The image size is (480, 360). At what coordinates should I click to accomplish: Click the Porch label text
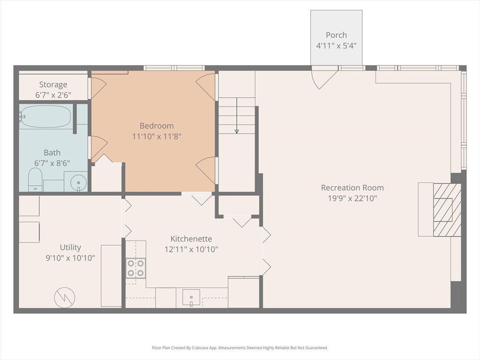coord(336,35)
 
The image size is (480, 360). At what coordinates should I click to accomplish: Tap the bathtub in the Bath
coord(46,117)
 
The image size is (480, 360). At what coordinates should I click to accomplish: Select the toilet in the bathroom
coord(35,180)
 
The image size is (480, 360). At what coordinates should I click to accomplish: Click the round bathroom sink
coord(79,183)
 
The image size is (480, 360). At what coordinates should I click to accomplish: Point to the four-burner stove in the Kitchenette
coord(136,268)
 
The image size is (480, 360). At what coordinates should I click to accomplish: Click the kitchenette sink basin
coord(191,298)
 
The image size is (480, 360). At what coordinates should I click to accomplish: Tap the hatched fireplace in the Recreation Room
coord(447,210)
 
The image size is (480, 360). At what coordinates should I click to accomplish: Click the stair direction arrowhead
coord(237,132)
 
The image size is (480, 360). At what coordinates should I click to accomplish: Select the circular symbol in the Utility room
coord(65,298)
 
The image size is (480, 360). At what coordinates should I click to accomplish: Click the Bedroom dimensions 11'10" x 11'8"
coord(157,136)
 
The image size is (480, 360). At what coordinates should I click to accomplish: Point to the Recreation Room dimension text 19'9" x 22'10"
coord(352,198)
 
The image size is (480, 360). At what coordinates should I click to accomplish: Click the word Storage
coord(53,84)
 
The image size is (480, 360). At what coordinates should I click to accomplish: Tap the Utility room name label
coord(70,247)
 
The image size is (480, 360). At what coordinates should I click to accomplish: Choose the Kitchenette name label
coord(191,239)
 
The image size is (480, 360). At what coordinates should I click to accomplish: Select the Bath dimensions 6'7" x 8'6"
coord(52,163)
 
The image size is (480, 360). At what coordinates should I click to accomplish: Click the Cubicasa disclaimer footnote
coord(240,348)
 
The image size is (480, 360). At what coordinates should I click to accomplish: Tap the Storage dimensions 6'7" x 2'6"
coord(53,95)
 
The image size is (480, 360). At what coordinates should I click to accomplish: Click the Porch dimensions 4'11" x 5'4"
coord(337,46)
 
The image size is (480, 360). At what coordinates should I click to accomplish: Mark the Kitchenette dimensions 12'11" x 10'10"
coord(191,249)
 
